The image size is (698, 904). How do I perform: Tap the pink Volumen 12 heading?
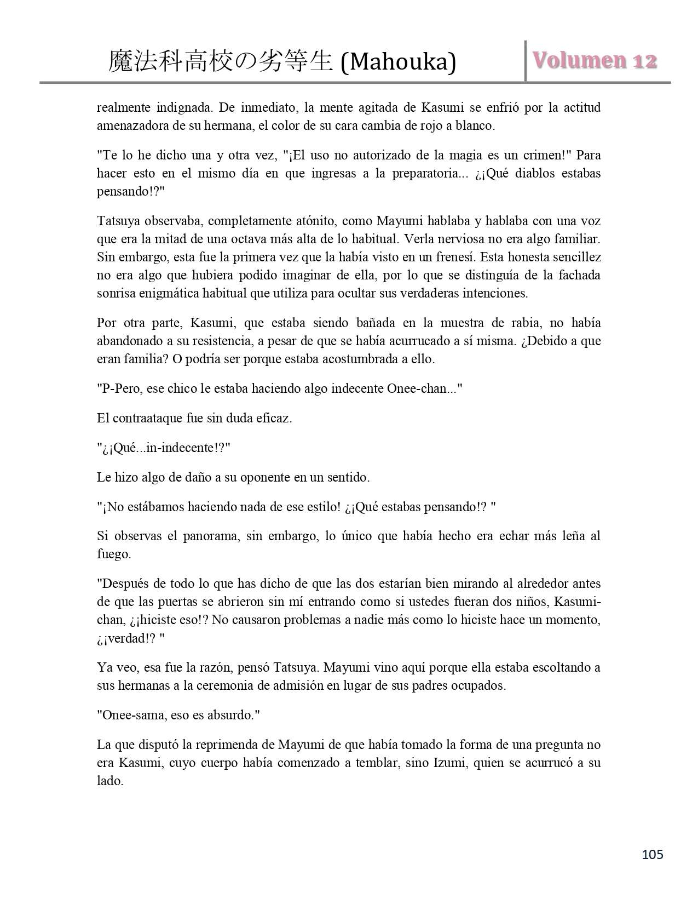(x=595, y=61)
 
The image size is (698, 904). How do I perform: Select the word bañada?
(x=343, y=323)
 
